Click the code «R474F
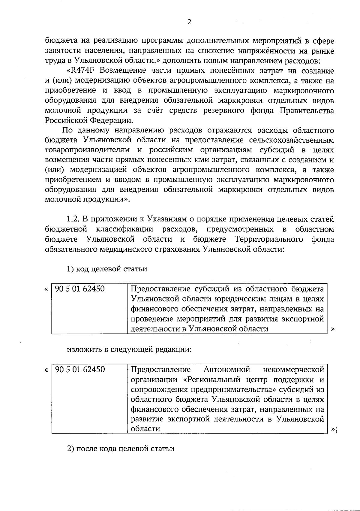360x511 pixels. click(x=82, y=71)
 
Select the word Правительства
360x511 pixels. click(x=307, y=111)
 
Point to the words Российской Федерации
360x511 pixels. click(x=88, y=121)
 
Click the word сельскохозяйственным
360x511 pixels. click(x=291, y=140)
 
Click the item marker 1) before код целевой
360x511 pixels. click(x=70, y=269)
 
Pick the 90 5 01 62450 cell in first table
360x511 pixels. click(x=80, y=289)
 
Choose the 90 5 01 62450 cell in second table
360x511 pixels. click(x=80, y=369)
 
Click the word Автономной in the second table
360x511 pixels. click(x=227, y=369)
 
